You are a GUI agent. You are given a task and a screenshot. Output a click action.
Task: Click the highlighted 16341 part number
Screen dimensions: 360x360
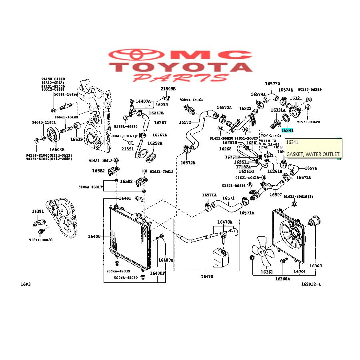287,130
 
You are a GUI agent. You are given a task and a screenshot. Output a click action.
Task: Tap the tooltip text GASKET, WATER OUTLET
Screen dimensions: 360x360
313,154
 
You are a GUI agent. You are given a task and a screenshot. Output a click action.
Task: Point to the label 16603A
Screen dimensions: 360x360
57,150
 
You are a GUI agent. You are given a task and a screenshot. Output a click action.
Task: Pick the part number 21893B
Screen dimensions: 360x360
168,88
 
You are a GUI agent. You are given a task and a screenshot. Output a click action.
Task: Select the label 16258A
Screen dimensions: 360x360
155,143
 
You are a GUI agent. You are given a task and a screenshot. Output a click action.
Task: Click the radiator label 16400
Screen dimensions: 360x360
94,236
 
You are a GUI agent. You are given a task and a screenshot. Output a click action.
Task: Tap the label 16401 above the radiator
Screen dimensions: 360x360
124,198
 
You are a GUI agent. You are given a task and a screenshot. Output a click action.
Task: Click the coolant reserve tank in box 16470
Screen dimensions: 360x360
219,258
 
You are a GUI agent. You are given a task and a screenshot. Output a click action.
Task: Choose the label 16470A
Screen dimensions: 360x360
224,222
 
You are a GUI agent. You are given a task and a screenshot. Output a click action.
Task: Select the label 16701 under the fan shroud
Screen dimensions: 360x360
300,272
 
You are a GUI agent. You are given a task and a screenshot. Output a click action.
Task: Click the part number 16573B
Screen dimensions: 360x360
272,84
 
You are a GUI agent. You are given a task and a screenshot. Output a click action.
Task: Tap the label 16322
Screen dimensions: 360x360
245,108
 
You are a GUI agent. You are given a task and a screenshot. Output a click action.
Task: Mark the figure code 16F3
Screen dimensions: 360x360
26,284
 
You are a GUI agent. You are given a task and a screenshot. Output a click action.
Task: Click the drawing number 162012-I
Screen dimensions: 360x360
311,284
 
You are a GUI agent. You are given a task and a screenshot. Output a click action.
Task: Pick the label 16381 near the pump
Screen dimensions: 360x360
38,211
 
